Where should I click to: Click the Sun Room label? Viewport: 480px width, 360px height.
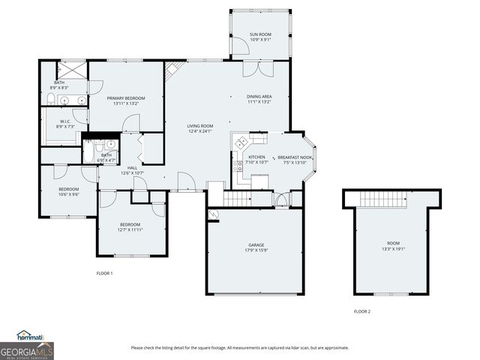(260, 36)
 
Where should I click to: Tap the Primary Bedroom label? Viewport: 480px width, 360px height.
(125, 100)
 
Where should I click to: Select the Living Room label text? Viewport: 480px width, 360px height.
(200, 128)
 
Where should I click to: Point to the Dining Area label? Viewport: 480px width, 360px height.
(259, 99)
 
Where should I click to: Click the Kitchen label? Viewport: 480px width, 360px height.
(252, 159)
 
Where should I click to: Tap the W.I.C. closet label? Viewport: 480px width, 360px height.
(65, 123)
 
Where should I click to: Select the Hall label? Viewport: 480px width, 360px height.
(132, 169)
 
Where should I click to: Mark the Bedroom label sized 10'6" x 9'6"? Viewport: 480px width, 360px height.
(68, 190)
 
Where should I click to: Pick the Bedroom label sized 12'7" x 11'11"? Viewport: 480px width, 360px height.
(130, 226)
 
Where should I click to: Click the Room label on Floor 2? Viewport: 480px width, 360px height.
(394, 245)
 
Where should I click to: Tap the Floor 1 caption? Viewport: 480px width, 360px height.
(104, 273)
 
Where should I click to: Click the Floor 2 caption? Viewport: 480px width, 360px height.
(362, 311)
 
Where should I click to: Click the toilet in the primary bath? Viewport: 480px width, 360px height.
(49, 100)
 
